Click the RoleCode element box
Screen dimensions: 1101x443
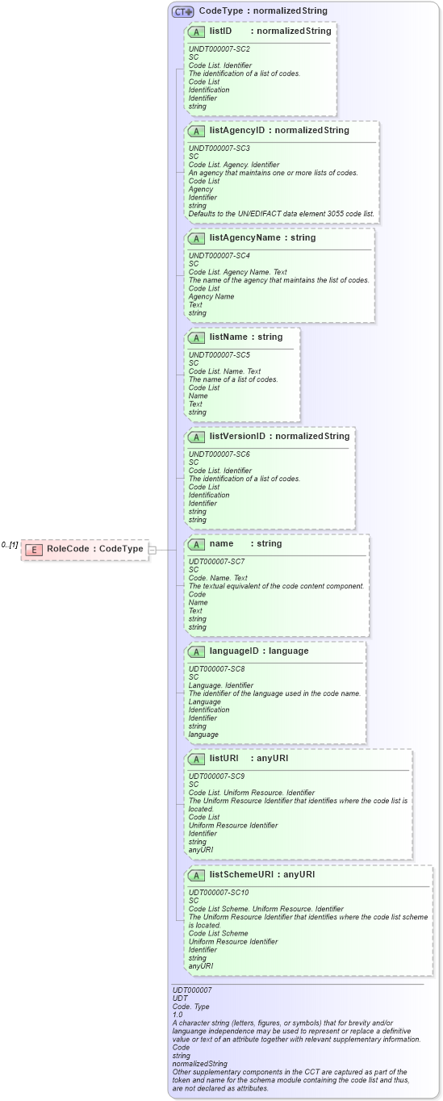click(85, 549)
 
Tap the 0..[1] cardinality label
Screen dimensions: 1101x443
click(10, 545)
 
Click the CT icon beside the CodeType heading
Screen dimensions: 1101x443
click(183, 11)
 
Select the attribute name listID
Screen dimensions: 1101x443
click(221, 31)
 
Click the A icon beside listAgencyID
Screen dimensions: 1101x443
click(196, 131)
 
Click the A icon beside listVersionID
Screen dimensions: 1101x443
click(196, 437)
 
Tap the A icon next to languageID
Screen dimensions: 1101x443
click(196, 651)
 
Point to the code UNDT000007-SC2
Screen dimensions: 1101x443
click(215, 49)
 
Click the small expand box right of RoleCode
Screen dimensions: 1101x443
click(153, 550)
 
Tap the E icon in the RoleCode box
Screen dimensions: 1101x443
click(34, 550)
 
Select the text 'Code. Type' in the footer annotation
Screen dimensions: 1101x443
click(190, 1007)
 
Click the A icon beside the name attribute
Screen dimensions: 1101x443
click(196, 544)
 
